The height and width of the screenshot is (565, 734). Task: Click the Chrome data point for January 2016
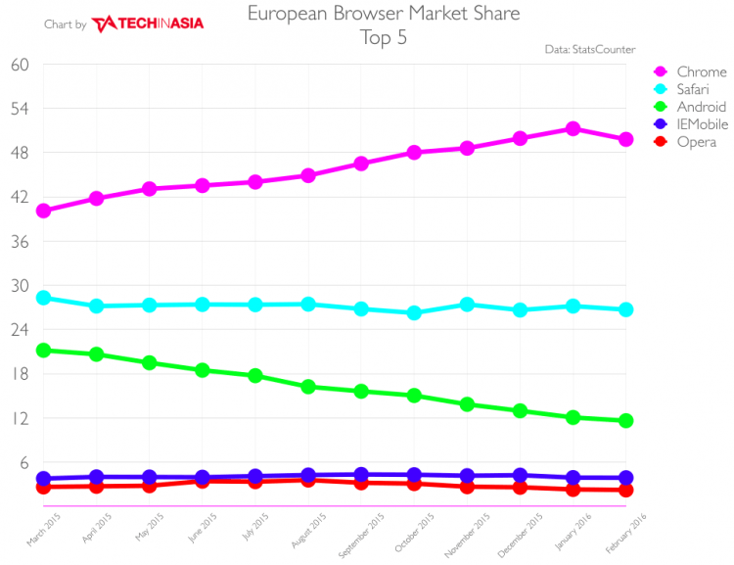[x=573, y=129]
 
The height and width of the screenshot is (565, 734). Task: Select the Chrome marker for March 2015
[x=43, y=211]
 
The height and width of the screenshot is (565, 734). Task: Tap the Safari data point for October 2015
[x=414, y=313]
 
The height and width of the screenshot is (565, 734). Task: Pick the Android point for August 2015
[x=308, y=387]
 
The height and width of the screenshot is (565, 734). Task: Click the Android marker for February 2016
[x=625, y=421]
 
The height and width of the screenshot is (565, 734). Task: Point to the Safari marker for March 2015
[x=43, y=298]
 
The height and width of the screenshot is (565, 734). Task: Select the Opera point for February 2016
[x=625, y=490]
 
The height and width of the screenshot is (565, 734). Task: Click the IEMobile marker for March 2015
[x=43, y=479]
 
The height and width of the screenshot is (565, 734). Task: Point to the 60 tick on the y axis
[x=20, y=65]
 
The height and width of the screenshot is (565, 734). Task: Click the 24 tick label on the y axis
[x=20, y=330]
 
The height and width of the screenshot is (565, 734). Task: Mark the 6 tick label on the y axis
[x=23, y=463]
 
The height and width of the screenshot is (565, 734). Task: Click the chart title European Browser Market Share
[x=383, y=14]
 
